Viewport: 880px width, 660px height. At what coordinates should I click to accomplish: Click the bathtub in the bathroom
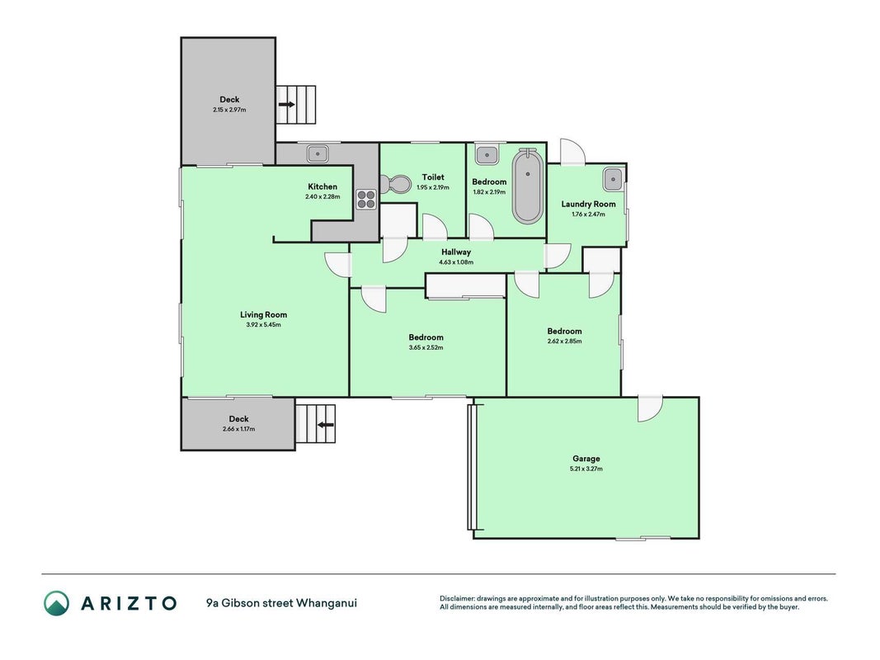527,186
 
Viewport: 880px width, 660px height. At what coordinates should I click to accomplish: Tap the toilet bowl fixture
395,183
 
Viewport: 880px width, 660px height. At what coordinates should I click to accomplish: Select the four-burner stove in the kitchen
366,199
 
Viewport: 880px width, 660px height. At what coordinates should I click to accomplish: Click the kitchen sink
318,152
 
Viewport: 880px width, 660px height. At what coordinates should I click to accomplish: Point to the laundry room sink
612,180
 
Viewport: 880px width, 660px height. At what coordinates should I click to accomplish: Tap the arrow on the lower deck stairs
326,425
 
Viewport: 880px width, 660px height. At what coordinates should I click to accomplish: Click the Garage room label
586,459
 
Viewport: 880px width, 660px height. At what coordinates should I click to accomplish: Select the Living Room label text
263,315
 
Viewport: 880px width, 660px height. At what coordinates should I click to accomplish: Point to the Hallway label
456,252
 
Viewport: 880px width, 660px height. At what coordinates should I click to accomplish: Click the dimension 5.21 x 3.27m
586,469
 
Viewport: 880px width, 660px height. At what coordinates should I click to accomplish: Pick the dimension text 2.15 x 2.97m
229,110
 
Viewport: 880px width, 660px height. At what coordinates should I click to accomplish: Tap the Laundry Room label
588,204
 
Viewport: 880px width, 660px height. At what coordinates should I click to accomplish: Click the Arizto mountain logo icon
57,603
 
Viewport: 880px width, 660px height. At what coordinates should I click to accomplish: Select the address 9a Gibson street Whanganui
281,603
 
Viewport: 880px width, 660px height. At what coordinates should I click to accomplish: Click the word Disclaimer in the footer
457,598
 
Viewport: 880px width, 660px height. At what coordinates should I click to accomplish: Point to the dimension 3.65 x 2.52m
426,347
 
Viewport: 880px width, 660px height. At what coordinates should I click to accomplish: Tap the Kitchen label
322,186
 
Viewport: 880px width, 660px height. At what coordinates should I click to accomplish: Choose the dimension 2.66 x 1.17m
238,429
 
